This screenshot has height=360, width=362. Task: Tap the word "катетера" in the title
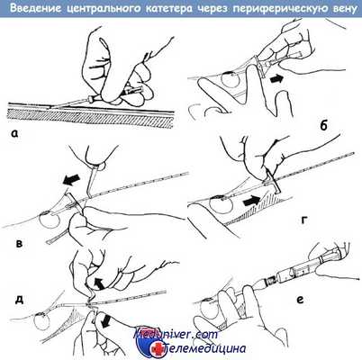[x=168, y=9]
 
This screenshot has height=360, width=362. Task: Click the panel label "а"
[x=15, y=133]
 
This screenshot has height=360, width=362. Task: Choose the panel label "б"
[x=323, y=126]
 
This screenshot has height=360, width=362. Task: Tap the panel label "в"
[x=19, y=243]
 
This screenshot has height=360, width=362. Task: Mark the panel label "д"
[x=19, y=300]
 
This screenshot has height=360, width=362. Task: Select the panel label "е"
[x=300, y=300]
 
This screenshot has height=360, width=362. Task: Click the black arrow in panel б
[x=276, y=79]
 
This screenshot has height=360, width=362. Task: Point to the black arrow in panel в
[x=71, y=179]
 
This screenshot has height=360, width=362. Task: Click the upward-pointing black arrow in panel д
[x=99, y=283]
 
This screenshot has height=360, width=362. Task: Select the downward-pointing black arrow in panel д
[x=105, y=320]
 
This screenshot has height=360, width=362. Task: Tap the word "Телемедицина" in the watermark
[x=205, y=348]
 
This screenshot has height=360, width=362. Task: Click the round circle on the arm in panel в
[x=49, y=220]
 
